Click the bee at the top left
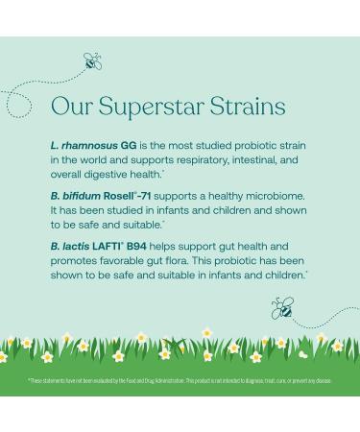[92, 62]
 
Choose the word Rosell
[129, 196]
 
